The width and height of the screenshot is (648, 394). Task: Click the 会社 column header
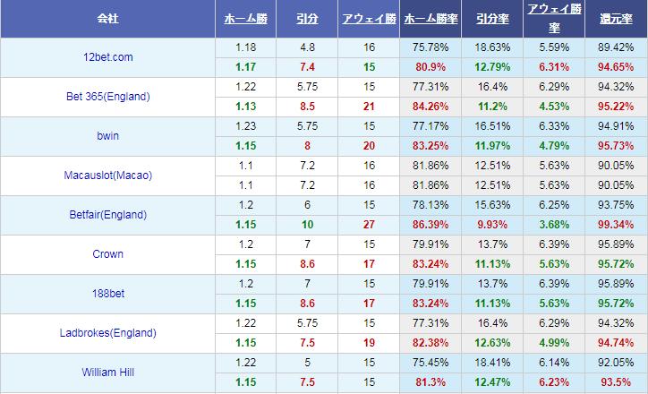coord(107,18)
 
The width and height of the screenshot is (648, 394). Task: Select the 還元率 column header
coord(616,18)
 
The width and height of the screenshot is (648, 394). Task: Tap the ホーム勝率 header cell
coord(431,18)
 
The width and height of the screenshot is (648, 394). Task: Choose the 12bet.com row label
coord(107,57)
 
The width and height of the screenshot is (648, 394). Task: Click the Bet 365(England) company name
coord(107,97)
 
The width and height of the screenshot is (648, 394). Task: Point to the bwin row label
coord(107,136)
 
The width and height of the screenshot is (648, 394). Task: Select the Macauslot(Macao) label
coord(107,176)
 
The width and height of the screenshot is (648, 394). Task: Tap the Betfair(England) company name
coord(107,215)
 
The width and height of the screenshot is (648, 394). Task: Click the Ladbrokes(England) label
coord(107,333)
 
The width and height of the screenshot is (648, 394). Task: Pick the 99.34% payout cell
coord(616,225)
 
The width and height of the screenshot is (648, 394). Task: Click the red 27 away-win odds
coord(369,225)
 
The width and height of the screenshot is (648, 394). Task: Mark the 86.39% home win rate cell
coord(431,225)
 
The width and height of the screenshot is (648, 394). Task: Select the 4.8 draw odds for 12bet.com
coord(307,47)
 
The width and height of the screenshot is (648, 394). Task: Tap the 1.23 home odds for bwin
coord(246,126)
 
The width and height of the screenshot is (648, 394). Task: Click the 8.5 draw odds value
coord(307,107)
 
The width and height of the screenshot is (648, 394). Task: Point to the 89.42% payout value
coord(616,47)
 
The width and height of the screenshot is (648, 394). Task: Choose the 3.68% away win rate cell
coord(555,225)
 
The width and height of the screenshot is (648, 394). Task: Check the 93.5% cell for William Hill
coord(616,382)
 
